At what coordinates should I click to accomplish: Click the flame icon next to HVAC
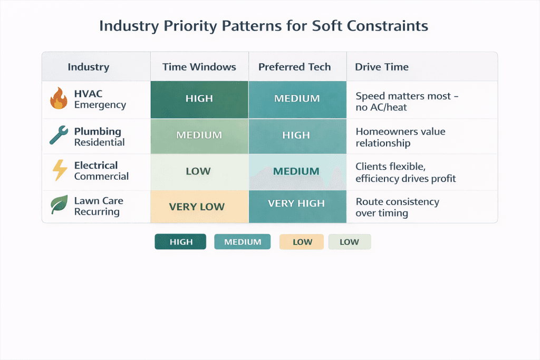point(59,99)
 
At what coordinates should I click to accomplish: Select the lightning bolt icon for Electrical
point(59,171)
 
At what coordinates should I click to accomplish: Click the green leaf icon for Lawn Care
point(59,205)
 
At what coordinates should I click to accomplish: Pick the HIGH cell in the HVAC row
point(199,99)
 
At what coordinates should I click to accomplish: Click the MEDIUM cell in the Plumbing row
point(199,135)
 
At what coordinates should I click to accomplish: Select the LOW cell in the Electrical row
point(199,171)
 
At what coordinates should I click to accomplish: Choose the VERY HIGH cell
point(297,204)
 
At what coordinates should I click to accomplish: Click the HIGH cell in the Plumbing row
point(297,135)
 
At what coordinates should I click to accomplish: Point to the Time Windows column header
point(199,67)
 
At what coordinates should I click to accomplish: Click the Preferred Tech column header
point(295,67)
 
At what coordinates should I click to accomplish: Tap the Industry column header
point(89,67)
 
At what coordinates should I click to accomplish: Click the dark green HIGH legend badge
point(180,242)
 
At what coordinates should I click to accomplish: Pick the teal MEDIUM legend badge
point(243,242)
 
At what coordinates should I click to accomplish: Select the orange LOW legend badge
point(302,242)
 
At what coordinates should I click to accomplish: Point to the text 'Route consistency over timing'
point(398,207)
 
